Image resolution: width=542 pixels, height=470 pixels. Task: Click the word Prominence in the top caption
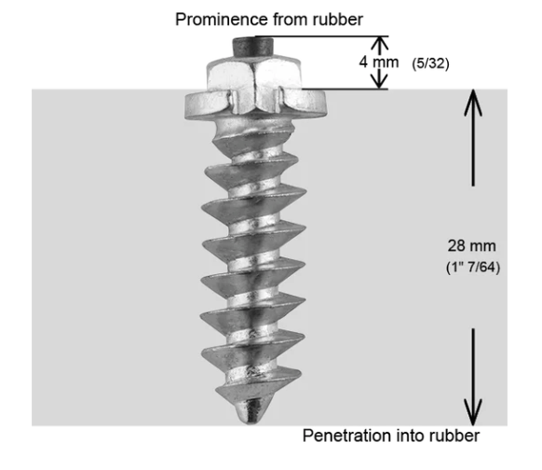pos(222,20)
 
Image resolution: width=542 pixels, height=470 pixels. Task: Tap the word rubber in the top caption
pos(338,20)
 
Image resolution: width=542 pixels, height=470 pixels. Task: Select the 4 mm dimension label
pos(379,62)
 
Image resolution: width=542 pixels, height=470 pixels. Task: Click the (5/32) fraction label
pos(430,63)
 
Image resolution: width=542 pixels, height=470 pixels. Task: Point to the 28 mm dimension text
pos(472,246)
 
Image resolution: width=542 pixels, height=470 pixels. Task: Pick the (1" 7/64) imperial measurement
pos(473,268)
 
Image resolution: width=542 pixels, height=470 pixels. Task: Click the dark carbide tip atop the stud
pos(253,47)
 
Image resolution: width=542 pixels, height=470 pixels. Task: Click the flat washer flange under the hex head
pos(255,104)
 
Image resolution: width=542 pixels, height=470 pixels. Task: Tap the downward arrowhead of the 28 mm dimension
pos(473,412)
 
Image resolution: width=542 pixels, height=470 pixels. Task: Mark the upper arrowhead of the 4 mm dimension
pos(380,43)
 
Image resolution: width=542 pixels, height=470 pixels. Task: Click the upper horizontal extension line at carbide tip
pos(322,36)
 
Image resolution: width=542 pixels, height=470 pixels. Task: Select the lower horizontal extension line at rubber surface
pos(345,90)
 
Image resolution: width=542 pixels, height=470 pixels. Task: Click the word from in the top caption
pos(291,20)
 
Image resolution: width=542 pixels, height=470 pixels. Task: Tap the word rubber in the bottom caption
pos(454,435)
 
